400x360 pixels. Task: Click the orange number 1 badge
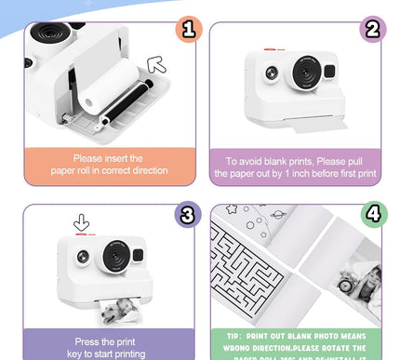click(188, 30)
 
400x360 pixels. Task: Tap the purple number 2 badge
click(373, 30)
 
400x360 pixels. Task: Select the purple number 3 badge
click(188, 216)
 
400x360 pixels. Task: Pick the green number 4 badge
click(373, 216)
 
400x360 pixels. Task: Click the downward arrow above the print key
click(82, 223)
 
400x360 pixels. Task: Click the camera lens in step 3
click(115, 255)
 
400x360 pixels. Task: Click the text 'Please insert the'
click(109, 158)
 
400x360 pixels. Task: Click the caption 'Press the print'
click(106, 341)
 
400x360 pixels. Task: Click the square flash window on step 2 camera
click(329, 71)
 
